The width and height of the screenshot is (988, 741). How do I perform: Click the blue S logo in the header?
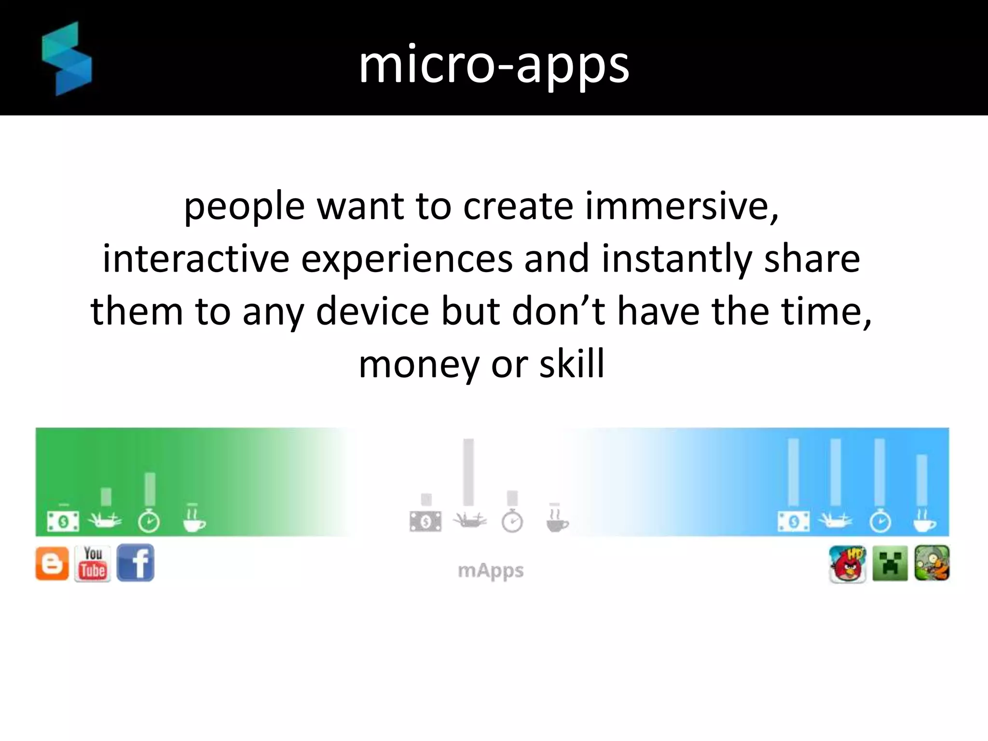(67, 59)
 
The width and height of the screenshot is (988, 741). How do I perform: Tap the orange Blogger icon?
(52, 563)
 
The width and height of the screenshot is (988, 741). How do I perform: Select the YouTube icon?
(93, 563)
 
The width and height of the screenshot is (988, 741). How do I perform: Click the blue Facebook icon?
(136, 563)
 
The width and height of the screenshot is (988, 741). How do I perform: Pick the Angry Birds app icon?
(847, 563)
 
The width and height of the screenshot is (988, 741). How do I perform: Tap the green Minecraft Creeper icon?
(890, 563)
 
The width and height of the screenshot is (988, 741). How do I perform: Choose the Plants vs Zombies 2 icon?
(932, 563)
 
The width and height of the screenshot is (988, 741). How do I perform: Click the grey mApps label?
(491, 570)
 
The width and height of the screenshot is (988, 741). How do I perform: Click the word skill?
(572, 364)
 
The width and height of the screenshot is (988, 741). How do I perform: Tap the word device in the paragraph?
(372, 311)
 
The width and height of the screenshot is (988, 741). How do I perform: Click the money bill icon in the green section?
(63, 521)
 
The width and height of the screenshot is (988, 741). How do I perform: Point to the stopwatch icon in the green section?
(149, 521)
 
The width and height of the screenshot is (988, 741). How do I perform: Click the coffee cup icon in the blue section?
(924, 521)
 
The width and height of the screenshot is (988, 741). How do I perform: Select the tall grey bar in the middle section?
(468, 472)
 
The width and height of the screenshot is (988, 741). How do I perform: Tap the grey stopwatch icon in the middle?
(512, 521)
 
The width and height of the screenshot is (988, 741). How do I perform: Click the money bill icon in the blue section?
(794, 521)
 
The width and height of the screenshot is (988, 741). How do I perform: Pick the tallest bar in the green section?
(150, 488)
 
